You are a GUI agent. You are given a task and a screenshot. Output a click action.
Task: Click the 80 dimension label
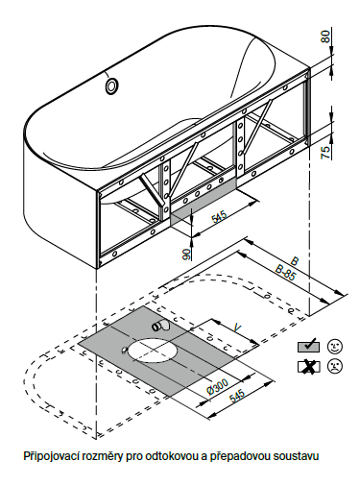(325, 36)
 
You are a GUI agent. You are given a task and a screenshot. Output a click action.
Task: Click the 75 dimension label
(325, 152)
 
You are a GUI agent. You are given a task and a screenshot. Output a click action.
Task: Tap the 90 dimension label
(187, 254)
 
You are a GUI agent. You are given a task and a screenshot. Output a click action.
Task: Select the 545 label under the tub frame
(219, 217)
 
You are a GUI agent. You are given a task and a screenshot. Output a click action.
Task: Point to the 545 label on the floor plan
(237, 396)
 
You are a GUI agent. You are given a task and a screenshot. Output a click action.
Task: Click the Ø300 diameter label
(218, 387)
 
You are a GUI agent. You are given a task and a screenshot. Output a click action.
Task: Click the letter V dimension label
(237, 328)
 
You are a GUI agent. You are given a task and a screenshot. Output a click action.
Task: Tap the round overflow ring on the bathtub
(112, 86)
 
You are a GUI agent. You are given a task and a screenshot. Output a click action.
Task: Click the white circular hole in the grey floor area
(153, 351)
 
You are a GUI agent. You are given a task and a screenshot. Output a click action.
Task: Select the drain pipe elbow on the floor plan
(161, 326)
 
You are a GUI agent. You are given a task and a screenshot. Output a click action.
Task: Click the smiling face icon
(335, 346)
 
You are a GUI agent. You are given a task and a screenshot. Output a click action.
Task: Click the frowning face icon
(335, 366)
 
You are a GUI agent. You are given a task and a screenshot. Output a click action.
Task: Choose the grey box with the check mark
(308, 346)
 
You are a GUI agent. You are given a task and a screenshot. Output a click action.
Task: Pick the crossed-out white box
(308, 366)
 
